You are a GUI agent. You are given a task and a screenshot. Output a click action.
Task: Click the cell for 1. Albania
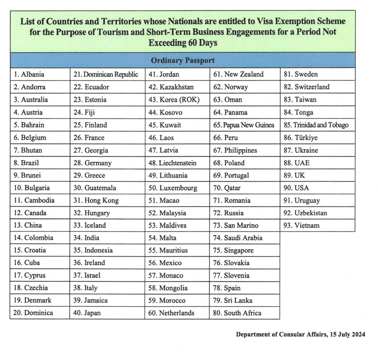(29, 75)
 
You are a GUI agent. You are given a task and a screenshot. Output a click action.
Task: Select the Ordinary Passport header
(183, 60)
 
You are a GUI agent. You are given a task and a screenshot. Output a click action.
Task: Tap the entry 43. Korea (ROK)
(174, 100)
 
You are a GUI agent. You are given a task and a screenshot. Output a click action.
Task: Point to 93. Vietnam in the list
(302, 225)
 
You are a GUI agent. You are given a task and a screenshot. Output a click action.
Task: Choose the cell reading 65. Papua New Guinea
(244, 125)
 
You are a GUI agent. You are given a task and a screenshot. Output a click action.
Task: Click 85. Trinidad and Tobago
(316, 125)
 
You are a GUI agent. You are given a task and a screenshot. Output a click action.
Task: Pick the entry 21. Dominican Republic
(106, 75)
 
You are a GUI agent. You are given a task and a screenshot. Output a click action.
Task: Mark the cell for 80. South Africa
(237, 313)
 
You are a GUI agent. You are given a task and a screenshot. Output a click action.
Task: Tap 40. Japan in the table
(87, 313)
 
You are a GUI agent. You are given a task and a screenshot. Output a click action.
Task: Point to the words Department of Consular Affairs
(281, 335)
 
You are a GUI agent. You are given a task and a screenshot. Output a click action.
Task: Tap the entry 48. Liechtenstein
(172, 163)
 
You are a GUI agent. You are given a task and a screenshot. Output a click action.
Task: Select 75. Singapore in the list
(234, 250)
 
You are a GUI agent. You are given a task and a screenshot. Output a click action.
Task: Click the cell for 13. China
(28, 225)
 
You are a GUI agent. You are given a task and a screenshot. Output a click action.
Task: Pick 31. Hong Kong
(96, 200)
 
